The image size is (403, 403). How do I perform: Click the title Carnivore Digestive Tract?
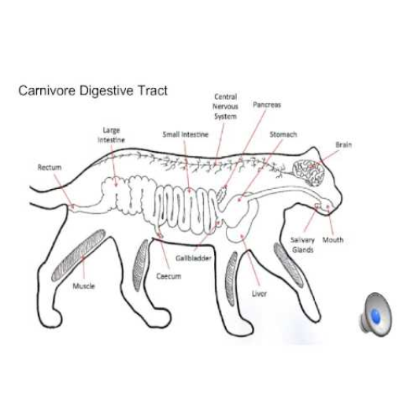coord(93,91)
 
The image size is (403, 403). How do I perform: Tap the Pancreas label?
coord(267,105)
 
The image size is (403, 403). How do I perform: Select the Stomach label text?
coord(283,135)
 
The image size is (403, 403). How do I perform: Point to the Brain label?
coord(344,145)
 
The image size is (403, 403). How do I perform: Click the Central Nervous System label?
coord(225,106)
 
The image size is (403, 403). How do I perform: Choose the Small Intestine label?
coord(186,135)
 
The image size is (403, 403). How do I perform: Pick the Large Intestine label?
coord(111,135)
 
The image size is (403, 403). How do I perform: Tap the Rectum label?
coord(50,168)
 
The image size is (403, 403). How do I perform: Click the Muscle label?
coord(83,286)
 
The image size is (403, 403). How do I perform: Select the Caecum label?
coord(168,276)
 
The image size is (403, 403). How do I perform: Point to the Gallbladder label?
coord(194,258)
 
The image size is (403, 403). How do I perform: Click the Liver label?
coord(259,294)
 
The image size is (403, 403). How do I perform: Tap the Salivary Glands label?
coord(303,245)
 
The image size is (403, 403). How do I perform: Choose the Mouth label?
coord(333,240)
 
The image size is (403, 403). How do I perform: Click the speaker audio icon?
coord(375,314)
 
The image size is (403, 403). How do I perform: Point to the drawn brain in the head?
coord(309,172)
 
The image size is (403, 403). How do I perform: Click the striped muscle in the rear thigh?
coord(79,255)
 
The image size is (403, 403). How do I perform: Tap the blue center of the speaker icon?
coord(375,315)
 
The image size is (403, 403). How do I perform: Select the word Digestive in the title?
coord(106,91)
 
